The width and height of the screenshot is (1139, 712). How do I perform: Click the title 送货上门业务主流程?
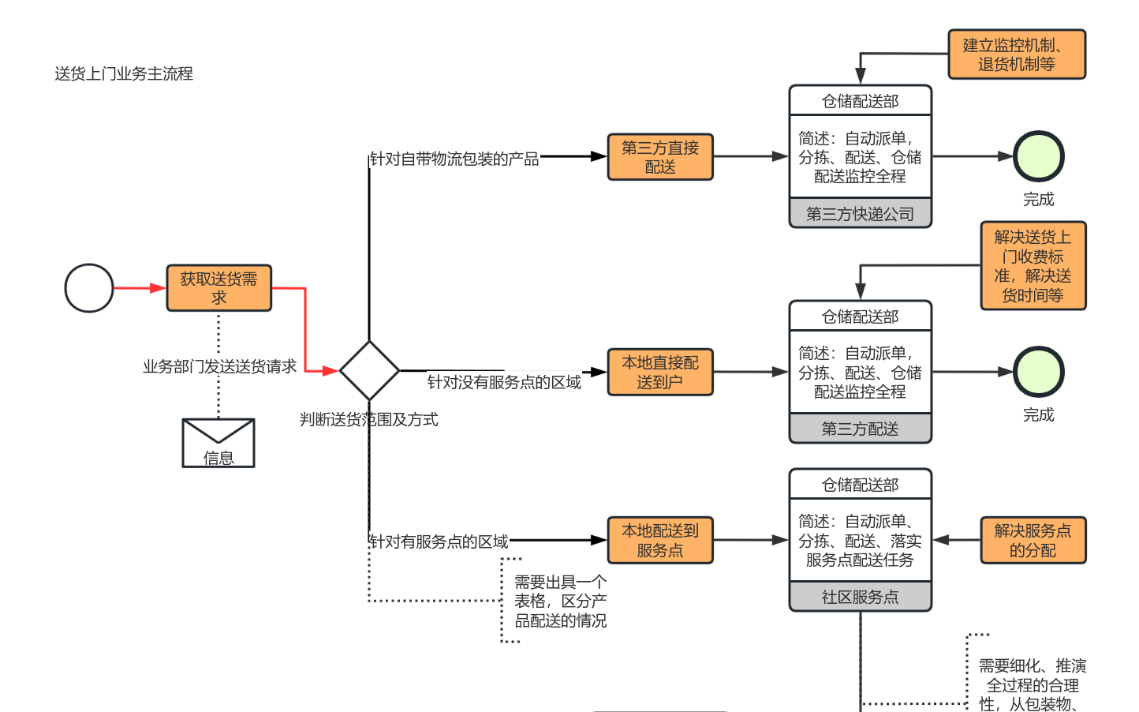(124, 74)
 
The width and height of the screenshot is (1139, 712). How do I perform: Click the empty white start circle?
(89, 288)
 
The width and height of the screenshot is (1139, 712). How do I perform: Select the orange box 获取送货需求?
(218, 288)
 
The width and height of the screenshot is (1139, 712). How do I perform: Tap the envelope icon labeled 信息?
(218, 443)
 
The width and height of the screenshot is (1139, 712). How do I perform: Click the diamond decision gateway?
(369, 370)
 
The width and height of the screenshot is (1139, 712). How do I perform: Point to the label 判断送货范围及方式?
(368, 420)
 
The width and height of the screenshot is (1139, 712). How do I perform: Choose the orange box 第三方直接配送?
(660, 157)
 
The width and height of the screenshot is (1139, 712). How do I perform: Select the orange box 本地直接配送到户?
(660, 372)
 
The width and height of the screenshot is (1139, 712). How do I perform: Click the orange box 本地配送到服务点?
(660, 540)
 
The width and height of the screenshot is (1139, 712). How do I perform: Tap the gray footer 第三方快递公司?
(860, 214)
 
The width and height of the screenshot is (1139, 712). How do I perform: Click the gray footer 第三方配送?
(860, 429)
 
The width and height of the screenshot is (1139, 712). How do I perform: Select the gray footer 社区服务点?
(860, 597)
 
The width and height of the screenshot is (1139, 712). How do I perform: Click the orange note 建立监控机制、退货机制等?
(1016, 54)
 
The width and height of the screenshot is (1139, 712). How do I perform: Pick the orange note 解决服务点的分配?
(1033, 540)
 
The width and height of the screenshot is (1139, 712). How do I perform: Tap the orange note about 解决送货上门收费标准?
(1033, 266)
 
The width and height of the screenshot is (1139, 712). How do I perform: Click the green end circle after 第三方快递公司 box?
(1038, 156)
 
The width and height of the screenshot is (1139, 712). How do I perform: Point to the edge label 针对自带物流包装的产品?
(454, 159)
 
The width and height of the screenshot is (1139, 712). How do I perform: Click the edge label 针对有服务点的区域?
(439, 541)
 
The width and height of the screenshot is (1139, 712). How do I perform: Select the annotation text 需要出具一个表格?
(560, 601)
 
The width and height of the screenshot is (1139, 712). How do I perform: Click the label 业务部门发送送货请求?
(219, 366)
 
